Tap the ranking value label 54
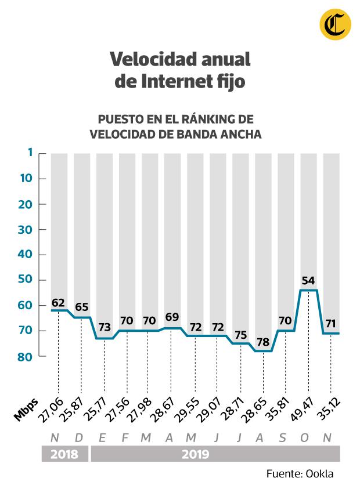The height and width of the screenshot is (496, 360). coord(308,281)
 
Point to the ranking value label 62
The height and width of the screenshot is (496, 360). coord(58,302)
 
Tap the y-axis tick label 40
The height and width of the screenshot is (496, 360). coord(24,255)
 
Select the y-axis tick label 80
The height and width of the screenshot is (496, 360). coord(24,356)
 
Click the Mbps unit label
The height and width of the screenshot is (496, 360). coord(26,410)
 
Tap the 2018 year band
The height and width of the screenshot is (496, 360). coord(64,454)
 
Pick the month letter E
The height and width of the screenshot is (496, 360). coord(103,437)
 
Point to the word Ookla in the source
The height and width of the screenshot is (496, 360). coord(321,474)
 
